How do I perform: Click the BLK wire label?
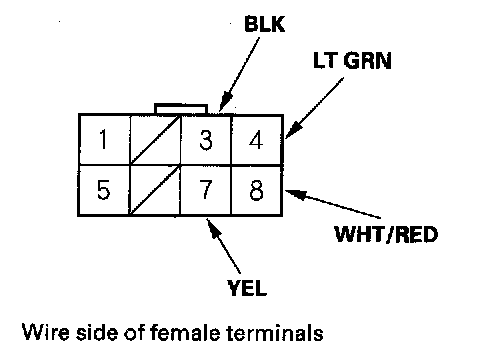[265, 24]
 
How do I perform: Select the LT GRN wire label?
[352, 61]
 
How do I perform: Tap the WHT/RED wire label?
[386, 234]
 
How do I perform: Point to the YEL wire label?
[247, 288]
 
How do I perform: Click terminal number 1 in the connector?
[104, 139]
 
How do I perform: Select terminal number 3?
[206, 140]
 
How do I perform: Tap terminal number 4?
[256, 140]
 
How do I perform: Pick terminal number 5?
[103, 190]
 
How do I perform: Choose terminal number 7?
[205, 190]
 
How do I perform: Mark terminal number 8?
[256, 190]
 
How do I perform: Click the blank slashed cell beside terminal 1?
[155, 140]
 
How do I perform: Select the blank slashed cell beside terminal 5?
[154, 190]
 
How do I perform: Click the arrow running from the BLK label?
[239, 74]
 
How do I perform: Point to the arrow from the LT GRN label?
[314, 108]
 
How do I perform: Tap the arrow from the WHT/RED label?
[333, 204]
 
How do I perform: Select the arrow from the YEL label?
[223, 246]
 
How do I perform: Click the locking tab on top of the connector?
[181, 109]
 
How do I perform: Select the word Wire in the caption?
[46, 332]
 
